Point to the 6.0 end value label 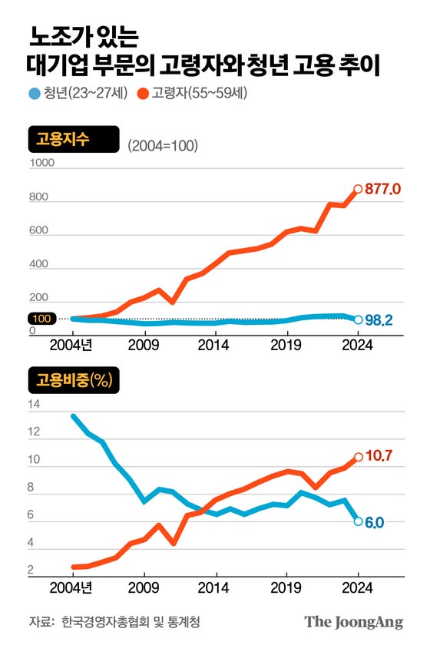(x=375, y=521)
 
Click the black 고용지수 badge (x=74, y=141)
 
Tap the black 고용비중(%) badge (x=74, y=380)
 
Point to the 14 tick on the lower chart (x=33, y=404)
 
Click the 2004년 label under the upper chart (x=74, y=346)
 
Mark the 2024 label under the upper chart (x=358, y=346)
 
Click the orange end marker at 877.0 (x=358, y=189)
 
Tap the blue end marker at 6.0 (x=358, y=521)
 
